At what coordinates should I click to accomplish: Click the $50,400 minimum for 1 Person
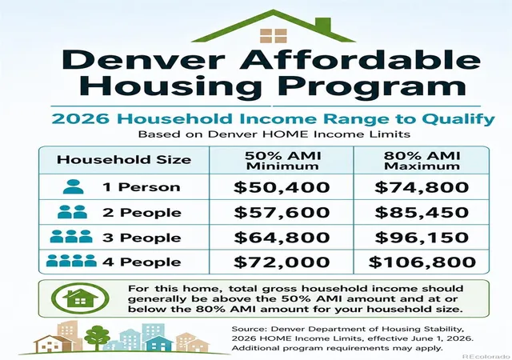point(282,187)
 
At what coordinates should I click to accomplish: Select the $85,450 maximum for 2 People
point(422,213)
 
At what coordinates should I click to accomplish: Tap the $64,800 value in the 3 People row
point(282,238)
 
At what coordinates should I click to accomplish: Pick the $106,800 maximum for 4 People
point(422,262)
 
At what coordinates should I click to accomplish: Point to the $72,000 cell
point(282,262)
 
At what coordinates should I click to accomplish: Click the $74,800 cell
point(422,187)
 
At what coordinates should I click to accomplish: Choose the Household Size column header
point(124,160)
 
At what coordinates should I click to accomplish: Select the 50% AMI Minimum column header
point(282,161)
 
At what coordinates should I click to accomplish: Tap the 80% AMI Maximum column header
point(422,161)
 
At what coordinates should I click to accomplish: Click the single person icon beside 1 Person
point(73,187)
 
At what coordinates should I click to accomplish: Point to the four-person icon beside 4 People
point(71,261)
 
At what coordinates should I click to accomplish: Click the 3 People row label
point(142,238)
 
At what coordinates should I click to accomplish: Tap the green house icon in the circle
point(80,298)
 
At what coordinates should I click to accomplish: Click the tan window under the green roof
point(274,36)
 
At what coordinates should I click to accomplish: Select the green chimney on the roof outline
point(323,25)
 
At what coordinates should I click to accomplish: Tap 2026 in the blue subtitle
point(80,119)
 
